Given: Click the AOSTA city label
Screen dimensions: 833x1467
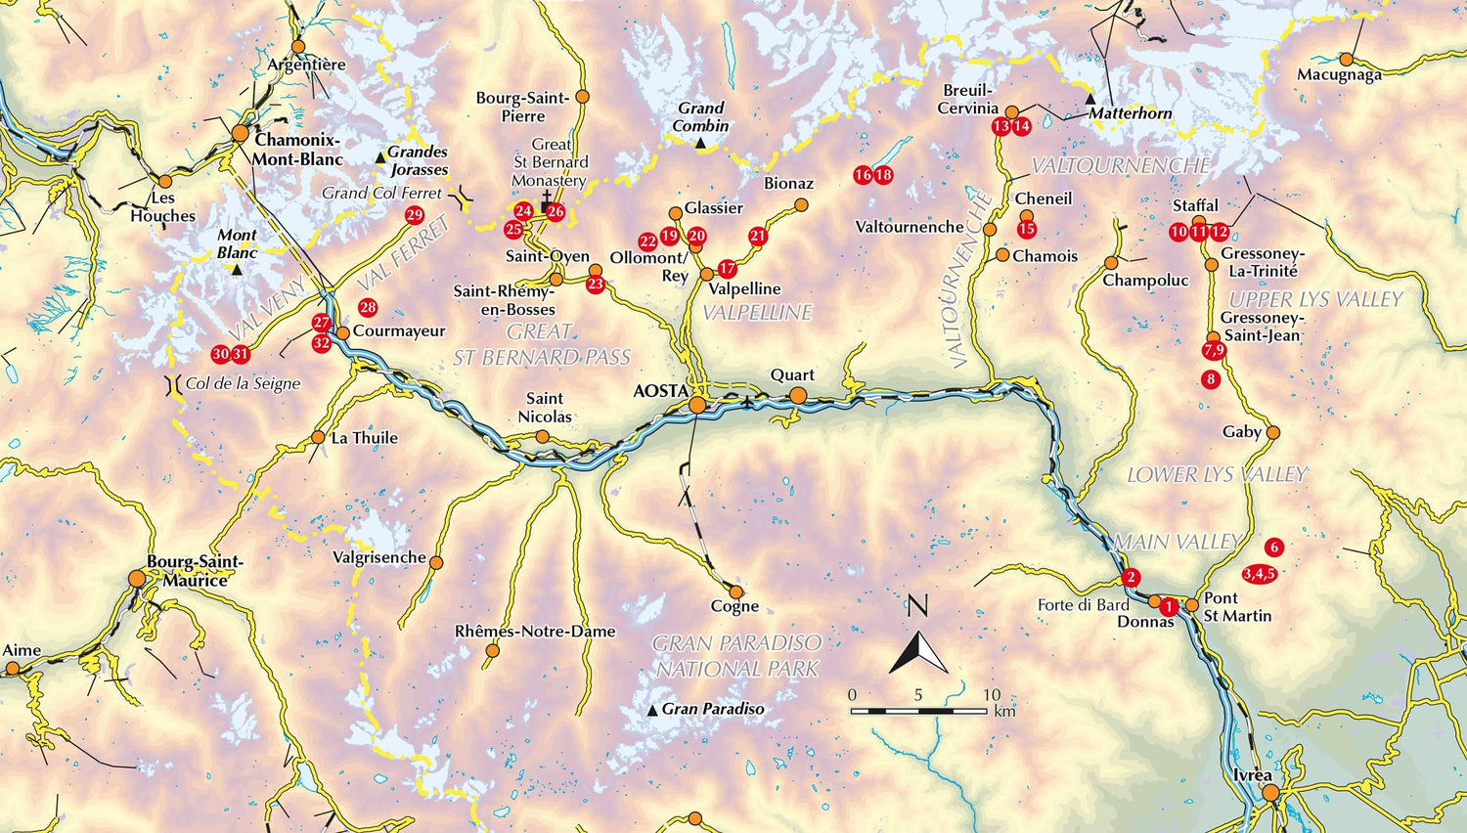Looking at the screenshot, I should coord(661,391).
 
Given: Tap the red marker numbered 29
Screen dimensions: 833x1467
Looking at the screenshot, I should coord(414,215).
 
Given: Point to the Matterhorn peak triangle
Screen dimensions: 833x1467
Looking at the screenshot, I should coord(1090,100).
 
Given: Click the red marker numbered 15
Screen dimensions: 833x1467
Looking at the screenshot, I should coord(1026,229).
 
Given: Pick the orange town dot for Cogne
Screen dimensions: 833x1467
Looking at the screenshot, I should coord(735,591).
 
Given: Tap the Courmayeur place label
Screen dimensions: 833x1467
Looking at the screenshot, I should coord(399,331).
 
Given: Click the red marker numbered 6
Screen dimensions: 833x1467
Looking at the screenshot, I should coord(1273,547).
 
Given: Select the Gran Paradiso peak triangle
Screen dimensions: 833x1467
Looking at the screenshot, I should coord(653,711).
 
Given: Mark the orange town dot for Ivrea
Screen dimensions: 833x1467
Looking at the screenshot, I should coord(1270,793).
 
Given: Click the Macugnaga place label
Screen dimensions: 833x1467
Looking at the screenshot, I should coord(1339,75).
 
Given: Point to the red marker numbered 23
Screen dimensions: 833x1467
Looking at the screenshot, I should coord(596,285).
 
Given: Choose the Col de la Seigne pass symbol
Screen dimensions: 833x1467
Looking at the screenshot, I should coord(173,384).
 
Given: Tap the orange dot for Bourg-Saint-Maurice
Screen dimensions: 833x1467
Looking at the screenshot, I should coord(137,579).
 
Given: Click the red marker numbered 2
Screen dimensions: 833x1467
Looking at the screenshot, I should coord(1132,577).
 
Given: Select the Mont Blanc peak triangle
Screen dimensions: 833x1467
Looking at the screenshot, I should coord(238,269).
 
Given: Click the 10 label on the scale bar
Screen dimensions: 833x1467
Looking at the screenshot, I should coord(991,695).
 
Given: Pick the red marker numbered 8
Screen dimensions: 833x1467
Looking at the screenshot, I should coord(1211,378).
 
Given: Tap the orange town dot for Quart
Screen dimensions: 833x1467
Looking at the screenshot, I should coord(798,395).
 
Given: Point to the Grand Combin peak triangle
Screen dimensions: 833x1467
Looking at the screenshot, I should coord(701,144).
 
